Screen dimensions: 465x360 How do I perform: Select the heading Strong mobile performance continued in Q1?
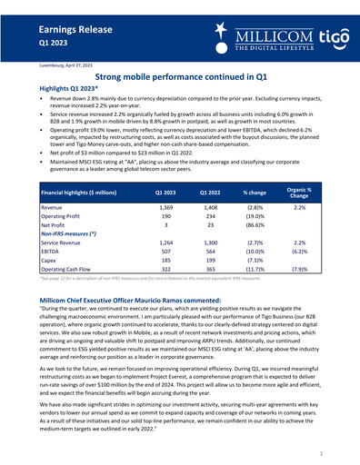pyautogui.click(x=180, y=79)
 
